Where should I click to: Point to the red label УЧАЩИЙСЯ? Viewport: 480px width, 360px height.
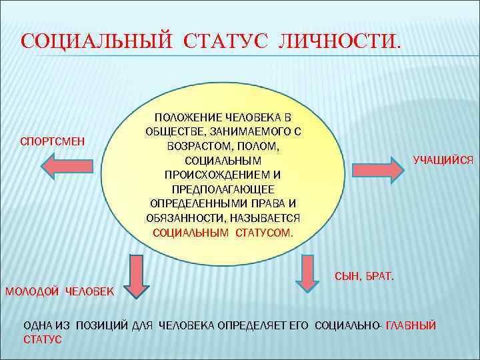(443, 160)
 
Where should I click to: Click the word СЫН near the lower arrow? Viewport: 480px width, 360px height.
(345, 275)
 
